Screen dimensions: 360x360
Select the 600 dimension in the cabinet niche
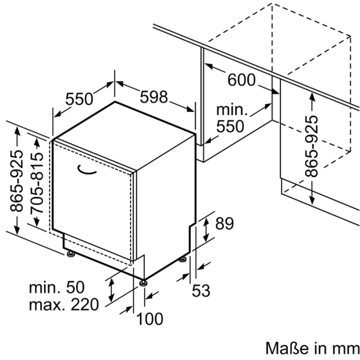tap(241, 80)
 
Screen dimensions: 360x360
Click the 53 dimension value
tap(201, 291)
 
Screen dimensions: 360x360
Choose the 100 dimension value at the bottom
tap(149, 319)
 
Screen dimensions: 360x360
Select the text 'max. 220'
tap(63, 305)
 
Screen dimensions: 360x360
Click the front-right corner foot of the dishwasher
tap(143, 282)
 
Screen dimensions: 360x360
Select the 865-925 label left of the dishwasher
tap(17, 180)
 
